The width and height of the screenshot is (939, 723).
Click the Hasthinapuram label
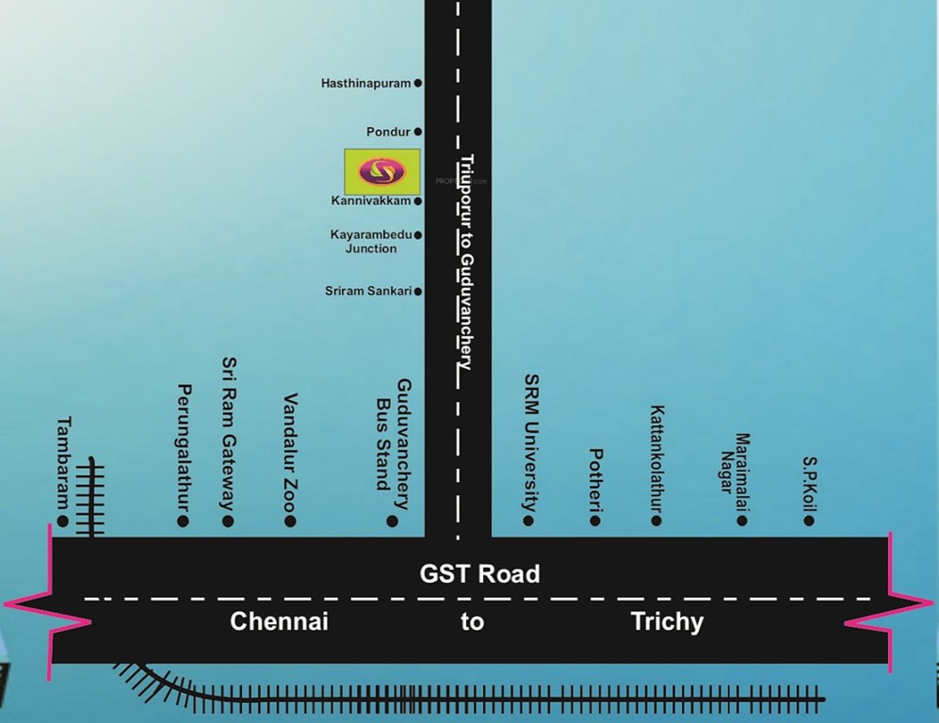365,83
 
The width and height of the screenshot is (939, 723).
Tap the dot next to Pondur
418,132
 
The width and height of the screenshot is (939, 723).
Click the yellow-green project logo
381,171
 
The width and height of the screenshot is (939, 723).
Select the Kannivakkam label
370,201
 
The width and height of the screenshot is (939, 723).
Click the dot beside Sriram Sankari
418,292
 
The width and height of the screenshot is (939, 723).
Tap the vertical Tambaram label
64,461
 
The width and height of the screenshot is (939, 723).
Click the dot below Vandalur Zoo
290,521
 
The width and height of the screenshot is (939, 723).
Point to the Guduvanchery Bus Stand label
394,435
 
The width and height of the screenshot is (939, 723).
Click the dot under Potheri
594,520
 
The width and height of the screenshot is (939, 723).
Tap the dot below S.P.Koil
810,520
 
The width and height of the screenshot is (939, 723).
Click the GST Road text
480,573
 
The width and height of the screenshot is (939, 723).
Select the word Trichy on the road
667,621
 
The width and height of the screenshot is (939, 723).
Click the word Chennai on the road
279,621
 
